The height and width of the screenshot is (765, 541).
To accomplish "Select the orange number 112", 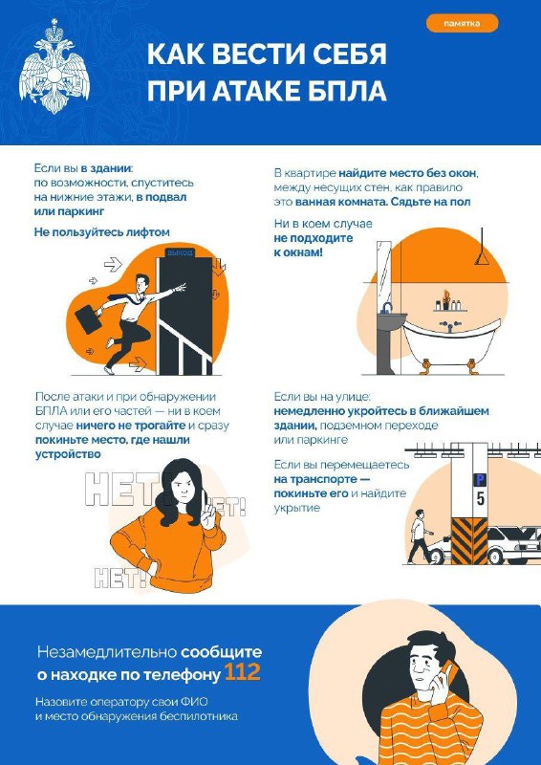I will click(x=242, y=674).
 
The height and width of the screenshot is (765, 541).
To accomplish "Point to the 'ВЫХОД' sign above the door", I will click(x=180, y=252).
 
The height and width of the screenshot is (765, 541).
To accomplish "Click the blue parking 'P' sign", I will click(x=481, y=478).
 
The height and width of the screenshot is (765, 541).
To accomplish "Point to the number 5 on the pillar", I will click(x=481, y=497).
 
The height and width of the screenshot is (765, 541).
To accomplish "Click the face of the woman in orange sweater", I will click(x=183, y=488).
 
